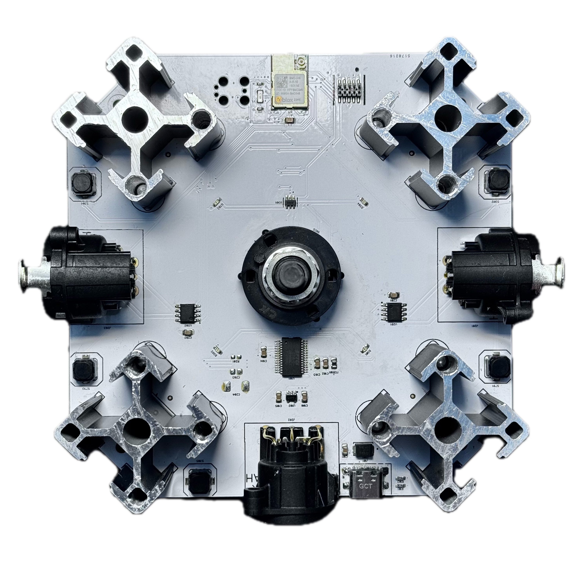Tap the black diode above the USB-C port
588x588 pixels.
362,449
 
